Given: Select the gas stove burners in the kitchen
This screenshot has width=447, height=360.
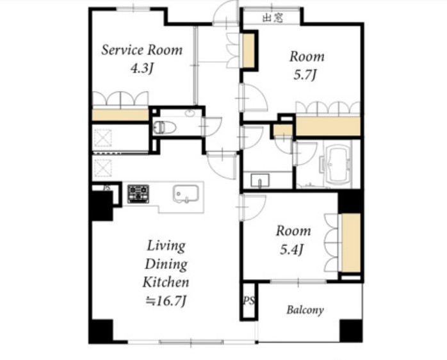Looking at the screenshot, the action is pos(138,194).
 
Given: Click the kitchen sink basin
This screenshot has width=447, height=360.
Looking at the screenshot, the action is pos(186,193).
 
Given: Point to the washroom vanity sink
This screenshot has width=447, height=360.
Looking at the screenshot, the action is pos(260,181).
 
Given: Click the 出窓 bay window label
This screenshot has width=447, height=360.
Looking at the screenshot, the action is pos(273,18).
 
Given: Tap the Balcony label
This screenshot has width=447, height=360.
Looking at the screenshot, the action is pos(305,310).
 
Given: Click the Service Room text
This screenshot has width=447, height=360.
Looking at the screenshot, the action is pos(142,50).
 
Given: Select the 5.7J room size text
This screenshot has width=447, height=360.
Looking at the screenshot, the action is pos(305,75).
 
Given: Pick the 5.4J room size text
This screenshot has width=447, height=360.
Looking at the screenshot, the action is pos(291,250).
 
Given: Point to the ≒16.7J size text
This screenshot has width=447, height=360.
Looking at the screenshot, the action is pos(166,300).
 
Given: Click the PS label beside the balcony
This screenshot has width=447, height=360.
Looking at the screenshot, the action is pos(249,300).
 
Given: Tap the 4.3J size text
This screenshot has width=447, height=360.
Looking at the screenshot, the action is pos(142,68).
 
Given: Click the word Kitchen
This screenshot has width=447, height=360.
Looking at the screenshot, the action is pos(166,282).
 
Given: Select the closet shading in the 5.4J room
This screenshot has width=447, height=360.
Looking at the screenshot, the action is pos(351,243).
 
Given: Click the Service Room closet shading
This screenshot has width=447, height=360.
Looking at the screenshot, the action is pos(120,115).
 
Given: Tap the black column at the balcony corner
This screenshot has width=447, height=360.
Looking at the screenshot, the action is pos(351,331).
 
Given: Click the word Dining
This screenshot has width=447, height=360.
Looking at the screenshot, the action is pos(167,265).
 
